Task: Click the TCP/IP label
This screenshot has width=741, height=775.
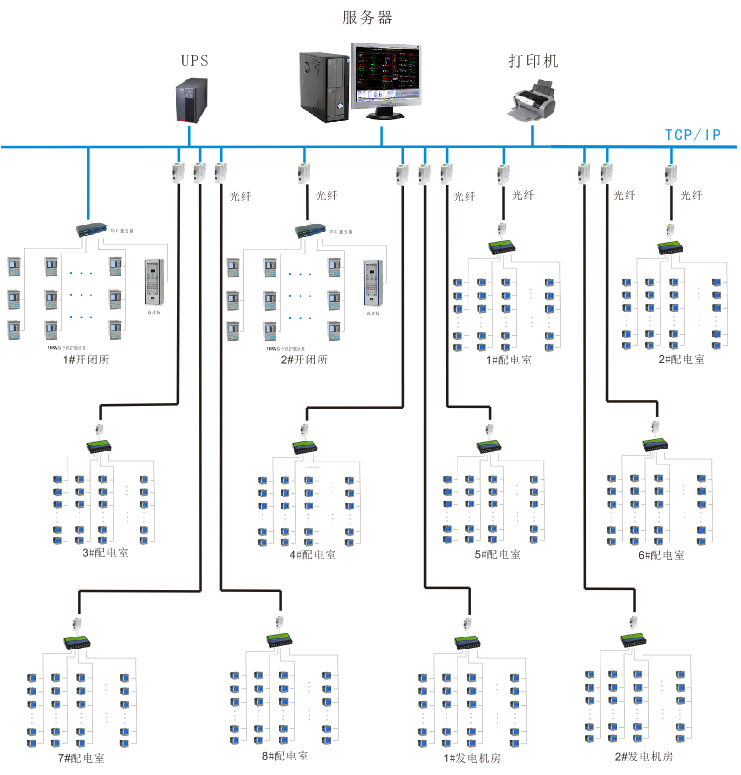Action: [693, 134]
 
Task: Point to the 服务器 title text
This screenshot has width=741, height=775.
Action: [367, 17]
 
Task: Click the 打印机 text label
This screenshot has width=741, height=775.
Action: [532, 61]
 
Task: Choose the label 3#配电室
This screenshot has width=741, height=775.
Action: [104, 553]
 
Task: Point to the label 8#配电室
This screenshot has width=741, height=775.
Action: [284, 757]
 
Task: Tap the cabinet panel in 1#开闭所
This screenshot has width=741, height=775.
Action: [153, 283]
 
